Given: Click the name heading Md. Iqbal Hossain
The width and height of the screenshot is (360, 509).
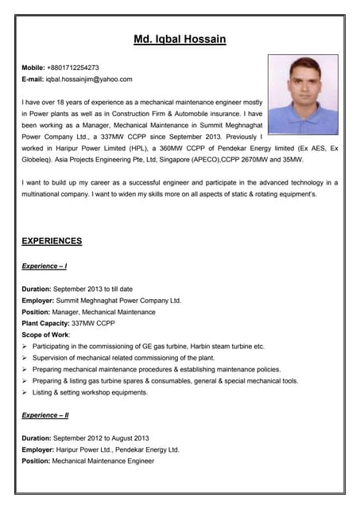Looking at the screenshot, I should pos(180,39).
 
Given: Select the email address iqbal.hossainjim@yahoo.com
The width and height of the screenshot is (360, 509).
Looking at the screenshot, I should pos(89,79).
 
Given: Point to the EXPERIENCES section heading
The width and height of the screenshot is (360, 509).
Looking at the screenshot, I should pos(52,241).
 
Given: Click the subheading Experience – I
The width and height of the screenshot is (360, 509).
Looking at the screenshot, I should pos(45,266).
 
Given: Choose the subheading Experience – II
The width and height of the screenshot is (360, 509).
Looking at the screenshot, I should pos(45,415).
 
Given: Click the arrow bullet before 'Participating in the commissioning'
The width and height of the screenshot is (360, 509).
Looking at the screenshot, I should pos(25,347).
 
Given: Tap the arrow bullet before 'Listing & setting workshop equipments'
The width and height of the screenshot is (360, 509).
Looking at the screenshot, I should pos(25,392).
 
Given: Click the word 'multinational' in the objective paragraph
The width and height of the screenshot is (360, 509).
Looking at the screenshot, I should pos(46,194).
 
